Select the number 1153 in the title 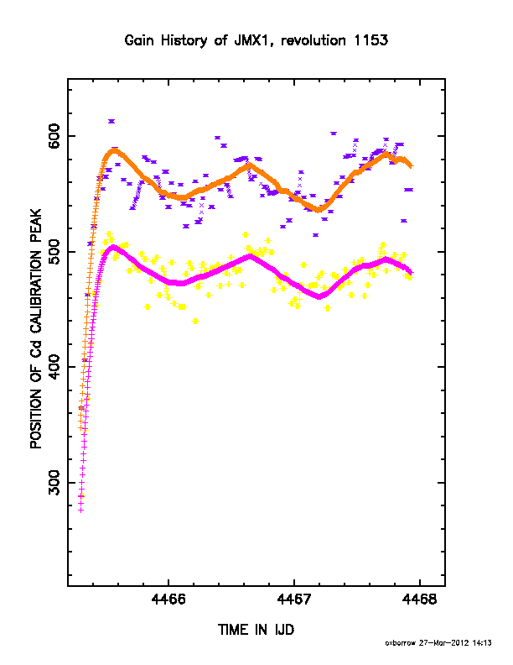pos(370,40)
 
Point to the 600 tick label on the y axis pos(54,136)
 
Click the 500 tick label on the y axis pos(54,252)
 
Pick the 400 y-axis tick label pos(54,367)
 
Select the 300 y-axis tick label pos(54,483)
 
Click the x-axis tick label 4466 pos(168,600)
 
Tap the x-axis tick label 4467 pos(294,600)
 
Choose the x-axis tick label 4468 pos(419,600)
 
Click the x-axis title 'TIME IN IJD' pos(256,630)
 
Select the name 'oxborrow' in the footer pos(401,643)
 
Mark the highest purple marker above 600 pos(111,121)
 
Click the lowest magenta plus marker pos(80,511)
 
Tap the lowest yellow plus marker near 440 pos(195,321)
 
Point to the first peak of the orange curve pos(114,151)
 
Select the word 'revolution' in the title pos(313,40)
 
